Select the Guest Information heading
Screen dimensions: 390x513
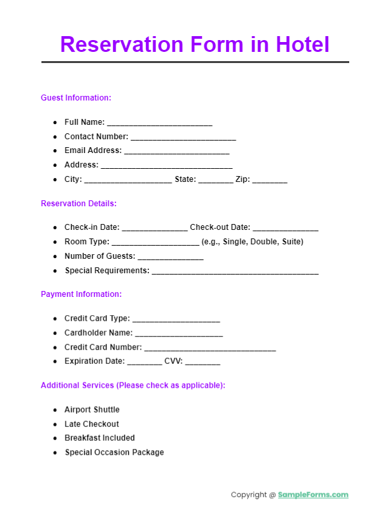click(x=76, y=98)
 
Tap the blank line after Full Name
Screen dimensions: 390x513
click(x=159, y=123)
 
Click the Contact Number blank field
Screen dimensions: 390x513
click(x=183, y=137)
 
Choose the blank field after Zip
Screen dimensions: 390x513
click(x=270, y=180)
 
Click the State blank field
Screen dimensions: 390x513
click(x=215, y=180)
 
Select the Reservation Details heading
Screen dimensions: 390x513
click(x=78, y=204)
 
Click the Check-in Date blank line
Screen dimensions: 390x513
click(x=155, y=228)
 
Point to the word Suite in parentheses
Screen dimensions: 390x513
click(x=291, y=242)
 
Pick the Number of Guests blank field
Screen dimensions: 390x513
click(x=170, y=257)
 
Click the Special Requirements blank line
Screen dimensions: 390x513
click(x=235, y=271)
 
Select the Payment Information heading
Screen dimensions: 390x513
click(x=81, y=294)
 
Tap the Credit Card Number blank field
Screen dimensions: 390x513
click(x=210, y=348)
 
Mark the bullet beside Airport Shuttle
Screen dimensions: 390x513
click(x=55, y=410)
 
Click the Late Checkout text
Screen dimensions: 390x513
click(x=91, y=424)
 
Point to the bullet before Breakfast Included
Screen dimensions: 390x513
click(x=55, y=438)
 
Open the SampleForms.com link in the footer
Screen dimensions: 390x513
click(x=313, y=495)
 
